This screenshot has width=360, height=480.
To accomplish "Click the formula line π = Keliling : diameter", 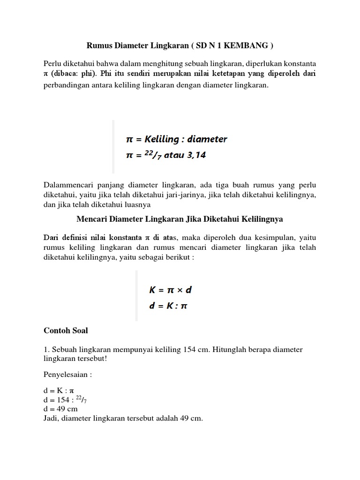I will click(177, 139).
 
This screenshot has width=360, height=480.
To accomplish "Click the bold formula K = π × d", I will click(171, 290).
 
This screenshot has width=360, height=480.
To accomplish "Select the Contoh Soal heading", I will click(66, 330).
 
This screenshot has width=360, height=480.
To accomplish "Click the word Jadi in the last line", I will click(51, 418).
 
